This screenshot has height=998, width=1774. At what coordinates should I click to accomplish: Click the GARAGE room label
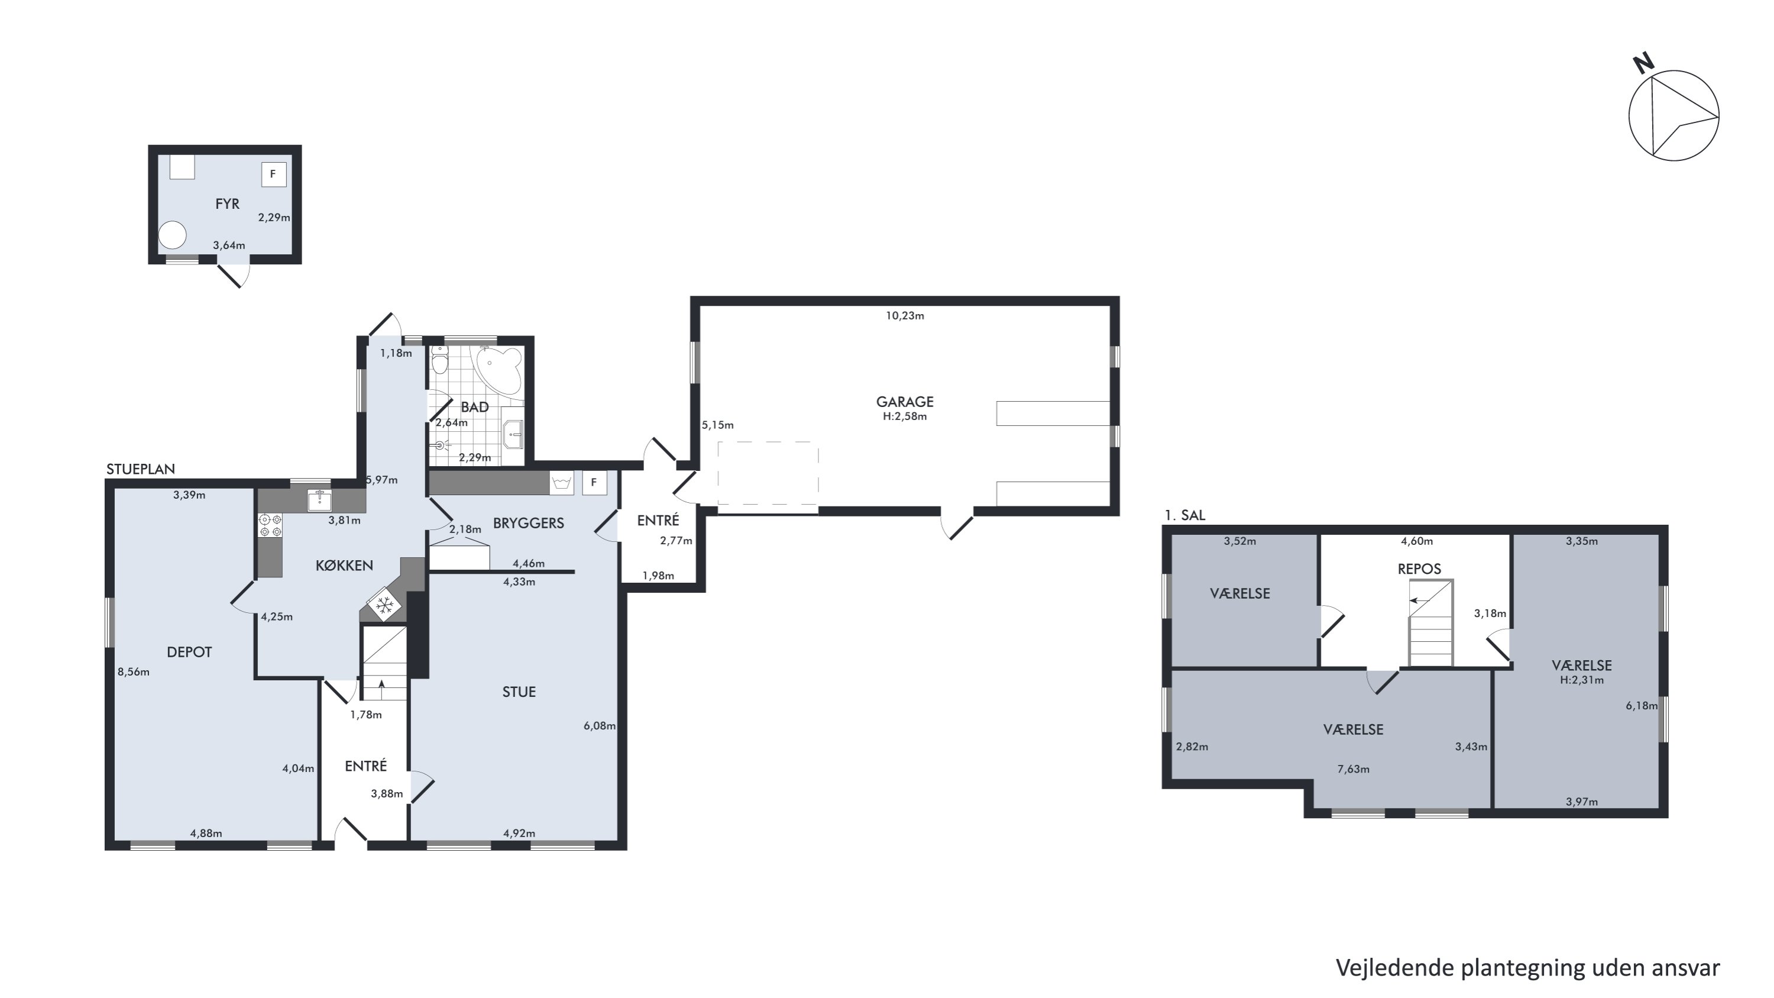[904, 402]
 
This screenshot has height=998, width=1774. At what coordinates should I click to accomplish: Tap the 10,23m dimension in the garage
[904, 316]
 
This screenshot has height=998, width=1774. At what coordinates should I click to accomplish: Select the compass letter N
[1643, 63]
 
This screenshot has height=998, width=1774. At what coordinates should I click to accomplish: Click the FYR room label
[227, 204]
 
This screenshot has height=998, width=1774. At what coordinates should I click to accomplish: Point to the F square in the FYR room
[273, 175]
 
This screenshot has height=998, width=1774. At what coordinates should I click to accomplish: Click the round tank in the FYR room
[172, 235]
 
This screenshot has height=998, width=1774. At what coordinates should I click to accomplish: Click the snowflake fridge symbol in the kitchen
[384, 605]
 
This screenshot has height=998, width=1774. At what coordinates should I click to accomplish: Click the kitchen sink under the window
[319, 500]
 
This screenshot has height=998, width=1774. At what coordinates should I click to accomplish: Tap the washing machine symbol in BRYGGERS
[561, 483]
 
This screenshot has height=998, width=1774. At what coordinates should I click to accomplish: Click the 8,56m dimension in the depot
[134, 672]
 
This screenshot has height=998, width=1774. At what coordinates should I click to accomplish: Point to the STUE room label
[519, 692]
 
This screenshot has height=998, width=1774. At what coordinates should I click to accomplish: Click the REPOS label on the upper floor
[1419, 569]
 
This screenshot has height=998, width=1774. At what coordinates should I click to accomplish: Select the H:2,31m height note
[1582, 680]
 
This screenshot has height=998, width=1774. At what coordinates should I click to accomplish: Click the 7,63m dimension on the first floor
[1353, 769]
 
